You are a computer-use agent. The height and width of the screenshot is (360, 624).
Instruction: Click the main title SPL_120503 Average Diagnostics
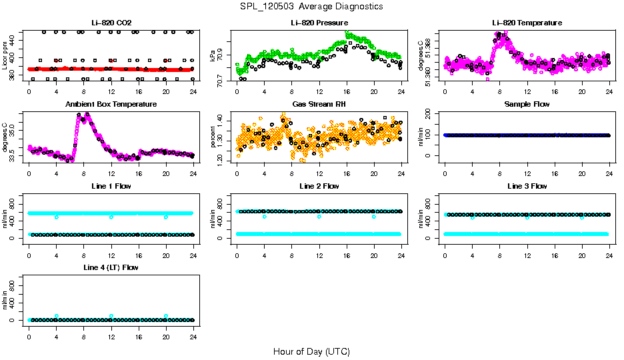(312, 6)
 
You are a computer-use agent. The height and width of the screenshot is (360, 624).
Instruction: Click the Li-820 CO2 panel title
(111, 23)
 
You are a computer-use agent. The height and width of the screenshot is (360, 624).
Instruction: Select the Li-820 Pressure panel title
(319, 23)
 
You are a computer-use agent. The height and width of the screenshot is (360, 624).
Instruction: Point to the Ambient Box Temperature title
(111, 104)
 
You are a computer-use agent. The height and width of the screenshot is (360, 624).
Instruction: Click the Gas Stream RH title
(319, 104)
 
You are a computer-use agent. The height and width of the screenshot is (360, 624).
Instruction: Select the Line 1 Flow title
(111, 186)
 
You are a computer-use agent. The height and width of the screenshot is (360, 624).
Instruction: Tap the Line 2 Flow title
(319, 186)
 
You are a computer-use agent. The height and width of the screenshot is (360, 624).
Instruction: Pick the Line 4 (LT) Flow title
(111, 267)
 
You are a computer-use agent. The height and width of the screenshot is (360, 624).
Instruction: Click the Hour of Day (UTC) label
(311, 351)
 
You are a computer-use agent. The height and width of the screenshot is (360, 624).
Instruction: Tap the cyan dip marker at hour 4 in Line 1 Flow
(57, 217)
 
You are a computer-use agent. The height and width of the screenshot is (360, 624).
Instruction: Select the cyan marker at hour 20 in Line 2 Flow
(374, 217)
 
